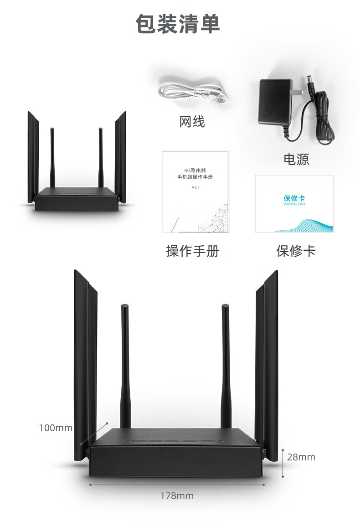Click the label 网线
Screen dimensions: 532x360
point(192,122)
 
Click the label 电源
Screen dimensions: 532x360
point(296,159)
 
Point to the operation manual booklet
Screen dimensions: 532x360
point(195,192)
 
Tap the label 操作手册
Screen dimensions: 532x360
point(192,251)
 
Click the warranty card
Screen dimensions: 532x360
point(294,204)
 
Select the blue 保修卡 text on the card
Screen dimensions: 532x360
point(294,198)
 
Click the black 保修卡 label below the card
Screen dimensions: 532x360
point(296,251)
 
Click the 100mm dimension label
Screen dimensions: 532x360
point(56,428)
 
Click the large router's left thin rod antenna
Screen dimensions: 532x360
point(125,365)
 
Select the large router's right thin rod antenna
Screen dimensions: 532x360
point(226,365)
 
